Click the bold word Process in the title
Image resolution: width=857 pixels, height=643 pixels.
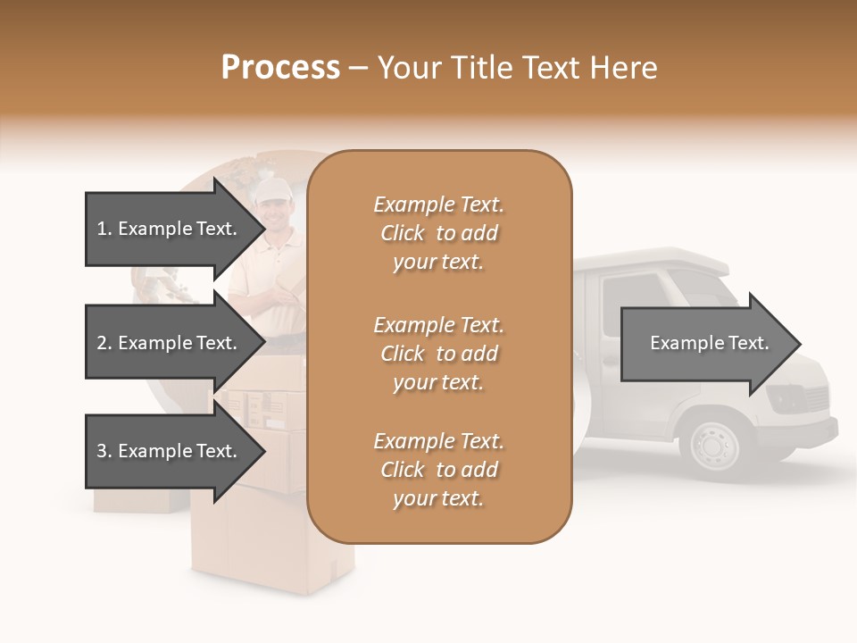click(x=280, y=68)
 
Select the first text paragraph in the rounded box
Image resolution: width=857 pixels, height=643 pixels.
click(x=438, y=233)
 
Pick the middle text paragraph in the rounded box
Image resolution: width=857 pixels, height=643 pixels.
click(x=438, y=354)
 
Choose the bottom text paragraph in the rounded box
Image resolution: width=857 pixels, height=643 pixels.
click(x=438, y=470)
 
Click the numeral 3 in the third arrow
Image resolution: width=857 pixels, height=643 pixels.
click(x=102, y=451)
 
